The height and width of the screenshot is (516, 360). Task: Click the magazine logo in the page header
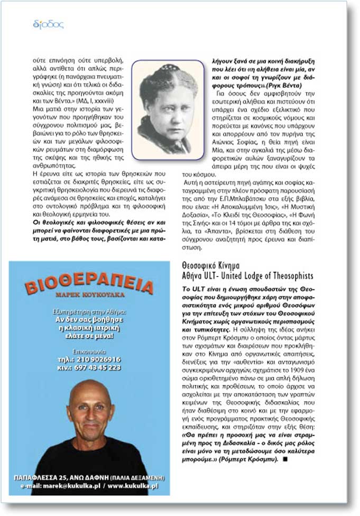coord(48,24)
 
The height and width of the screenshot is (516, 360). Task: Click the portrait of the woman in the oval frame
coord(168,110)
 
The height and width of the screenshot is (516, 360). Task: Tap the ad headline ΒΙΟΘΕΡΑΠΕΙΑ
coord(89,286)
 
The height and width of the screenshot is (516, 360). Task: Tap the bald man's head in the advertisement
coord(90,407)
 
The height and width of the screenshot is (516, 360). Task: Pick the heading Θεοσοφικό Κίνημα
coord(211,265)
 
